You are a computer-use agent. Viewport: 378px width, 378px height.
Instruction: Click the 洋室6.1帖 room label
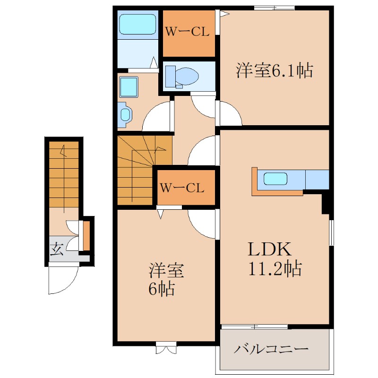point(274,71)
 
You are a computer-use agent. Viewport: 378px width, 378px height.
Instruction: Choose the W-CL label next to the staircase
point(181,188)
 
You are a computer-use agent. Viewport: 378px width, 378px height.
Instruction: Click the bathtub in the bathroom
point(137,24)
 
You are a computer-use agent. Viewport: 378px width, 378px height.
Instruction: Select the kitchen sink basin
point(275,179)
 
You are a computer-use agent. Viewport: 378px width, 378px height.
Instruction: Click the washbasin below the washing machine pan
point(125,114)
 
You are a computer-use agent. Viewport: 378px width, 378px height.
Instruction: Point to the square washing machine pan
point(129,87)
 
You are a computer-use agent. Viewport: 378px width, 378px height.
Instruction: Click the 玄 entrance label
point(57,249)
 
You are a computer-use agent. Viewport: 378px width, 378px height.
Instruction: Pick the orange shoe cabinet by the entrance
point(86,236)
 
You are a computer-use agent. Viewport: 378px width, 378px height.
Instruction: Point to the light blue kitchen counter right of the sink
point(317,179)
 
